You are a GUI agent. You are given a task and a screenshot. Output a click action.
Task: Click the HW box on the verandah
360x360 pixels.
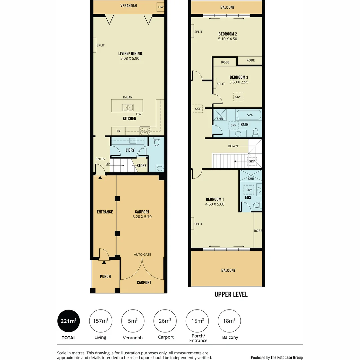pyautogui.click(x=161, y=7)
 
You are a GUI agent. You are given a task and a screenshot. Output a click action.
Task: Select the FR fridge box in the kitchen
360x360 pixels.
pyautogui.click(x=118, y=131)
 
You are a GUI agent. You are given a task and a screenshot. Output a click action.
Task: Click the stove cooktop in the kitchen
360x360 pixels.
pyautogui.click(x=145, y=131)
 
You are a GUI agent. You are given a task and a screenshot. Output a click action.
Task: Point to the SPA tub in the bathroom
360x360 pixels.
pyautogui.click(x=249, y=115)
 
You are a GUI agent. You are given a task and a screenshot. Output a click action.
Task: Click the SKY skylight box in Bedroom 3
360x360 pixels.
pyautogui.click(x=238, y=97)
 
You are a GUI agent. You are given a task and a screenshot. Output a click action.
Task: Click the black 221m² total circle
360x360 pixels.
pyautogui.click(x=69, y=321)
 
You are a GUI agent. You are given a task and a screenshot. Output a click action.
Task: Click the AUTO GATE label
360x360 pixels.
pyautogui.click(x=142, y=255)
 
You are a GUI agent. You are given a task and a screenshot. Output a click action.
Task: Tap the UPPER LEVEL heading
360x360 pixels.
pyautogui.click(x=231, y=294)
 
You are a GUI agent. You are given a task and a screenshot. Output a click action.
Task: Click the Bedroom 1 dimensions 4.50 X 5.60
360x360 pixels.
pyautogui.click(x=215, y=204)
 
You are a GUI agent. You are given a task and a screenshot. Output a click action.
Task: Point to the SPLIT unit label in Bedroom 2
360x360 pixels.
pyautogui.click(x=198, y=32)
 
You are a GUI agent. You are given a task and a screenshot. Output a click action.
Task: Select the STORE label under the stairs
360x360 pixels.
pyautogui.click(x=141, y=166)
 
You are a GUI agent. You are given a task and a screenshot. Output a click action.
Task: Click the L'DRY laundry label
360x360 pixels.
pyautogui.click(x=130, y=150)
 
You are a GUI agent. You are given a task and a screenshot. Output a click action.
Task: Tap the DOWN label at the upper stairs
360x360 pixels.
pyautogui.click(x=233, y=146)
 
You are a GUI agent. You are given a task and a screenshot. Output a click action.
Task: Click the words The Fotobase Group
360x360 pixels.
pyautogui.click(x=286, y=357)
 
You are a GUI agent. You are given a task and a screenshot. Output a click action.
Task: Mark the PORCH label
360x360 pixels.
pyautogui.click(x=105, y=276)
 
